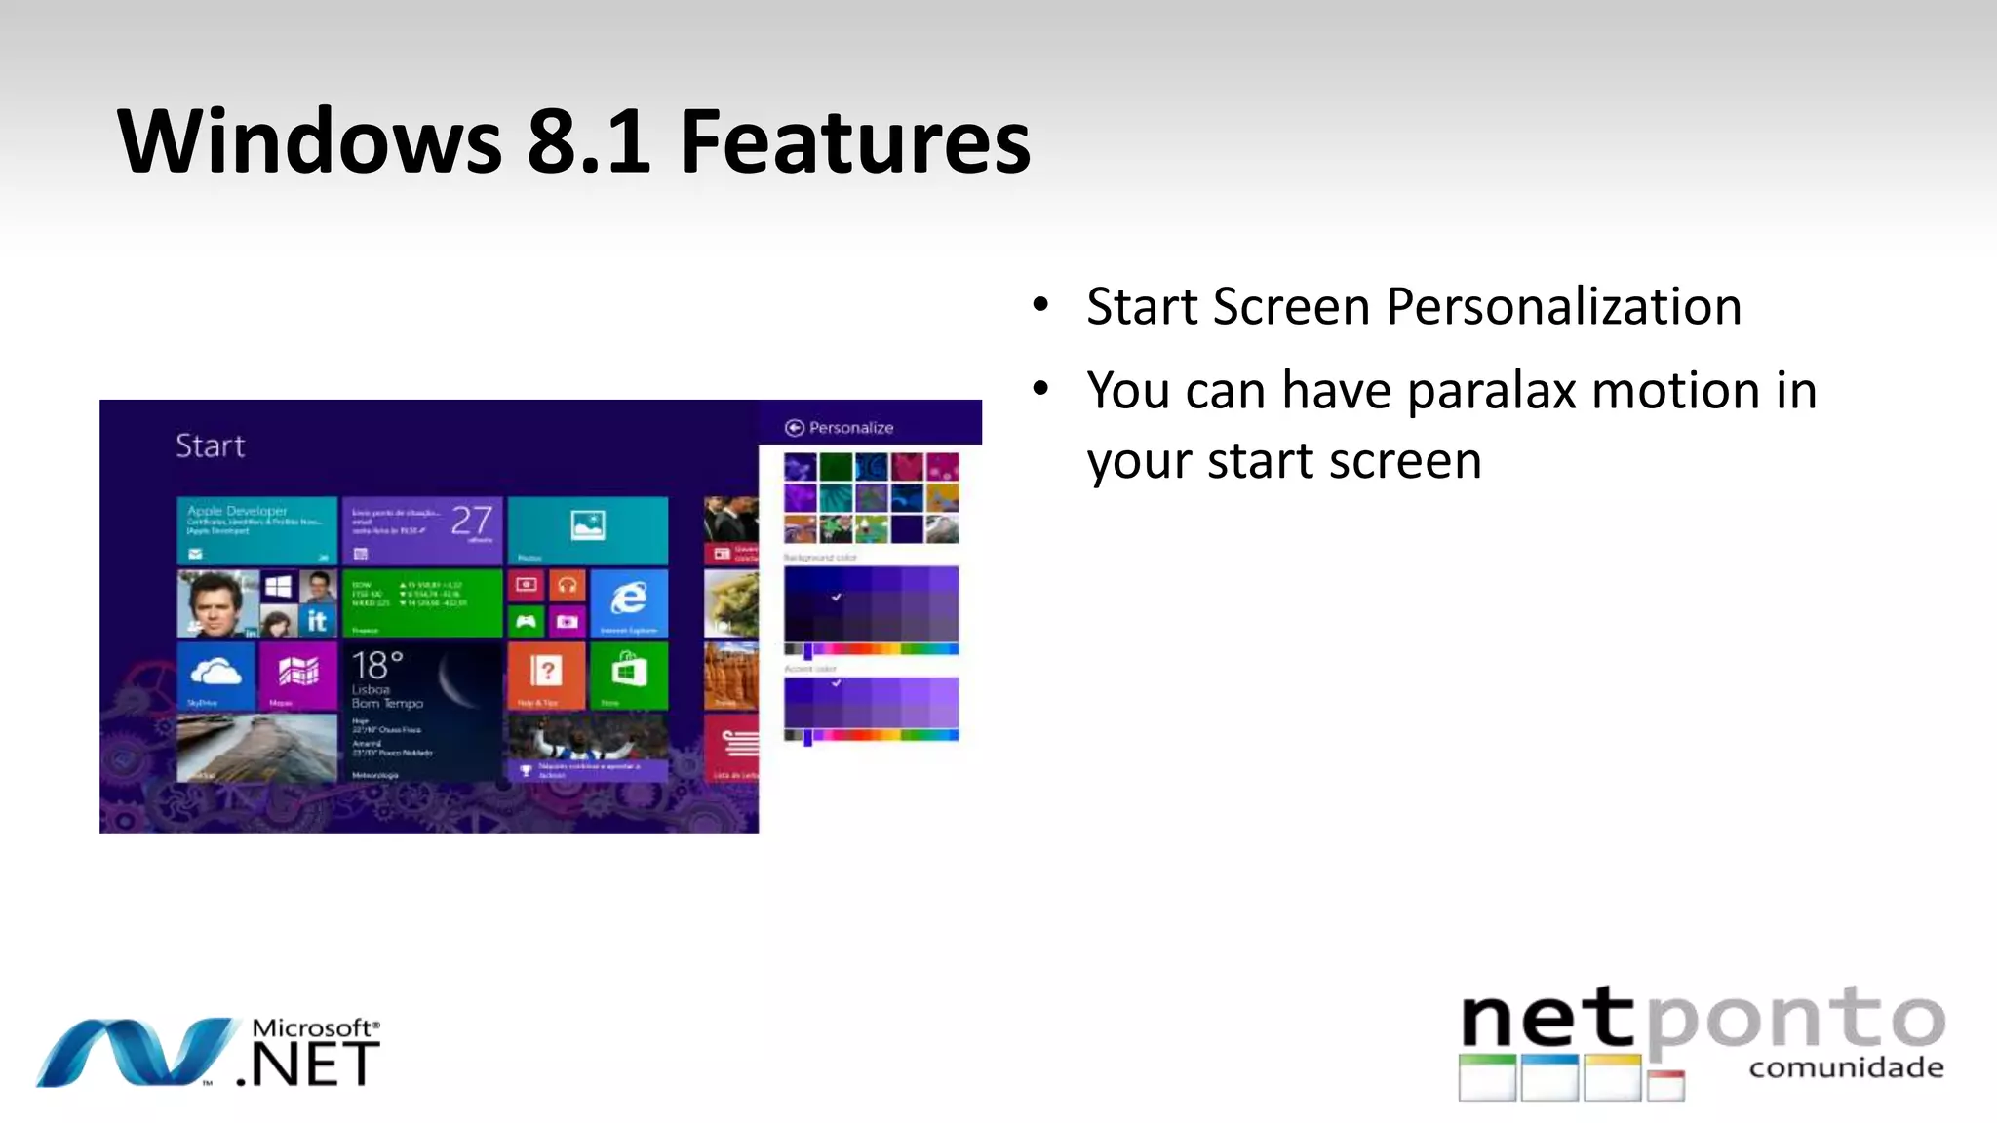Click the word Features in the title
point(854,142)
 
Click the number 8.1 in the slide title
point(588,142)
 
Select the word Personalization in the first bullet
point(1563,307)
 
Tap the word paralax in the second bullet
point(1492,392)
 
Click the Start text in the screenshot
point(210,445)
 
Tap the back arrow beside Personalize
point(794,428)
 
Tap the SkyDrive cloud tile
point(215,674)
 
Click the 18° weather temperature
point(376,665)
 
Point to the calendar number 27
point(472,521)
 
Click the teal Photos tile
point(587,529)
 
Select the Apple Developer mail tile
point(256,529)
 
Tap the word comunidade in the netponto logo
point(1846,1068)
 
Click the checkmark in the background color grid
point(836,597)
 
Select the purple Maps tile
point(297,674)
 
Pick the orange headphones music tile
point(567,585)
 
